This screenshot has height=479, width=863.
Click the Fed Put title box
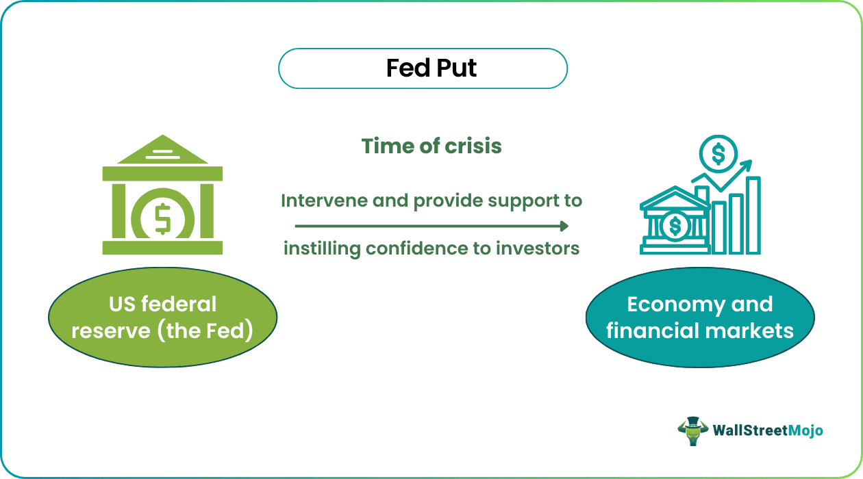pyautogui.click(x=423, y=68)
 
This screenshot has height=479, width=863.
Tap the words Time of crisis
pyautogui.click(x=431, y=146)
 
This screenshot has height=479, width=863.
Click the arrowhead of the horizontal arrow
pyautogui.click(x=564, y=226)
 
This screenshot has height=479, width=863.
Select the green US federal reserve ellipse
pyautogui.click(x=162, y=317)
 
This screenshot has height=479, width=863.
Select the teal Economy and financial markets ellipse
pyautogui.click(x=699, y=317)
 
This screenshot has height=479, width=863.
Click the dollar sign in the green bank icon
pyautogui.click(x=163, y=218)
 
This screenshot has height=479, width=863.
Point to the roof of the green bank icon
pyautogui.click(x=162, y=151)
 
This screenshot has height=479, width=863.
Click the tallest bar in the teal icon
pyautogui.click(x=753, y=215)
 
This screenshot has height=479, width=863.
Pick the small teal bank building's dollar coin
pyautogui.click(x=676, y=224)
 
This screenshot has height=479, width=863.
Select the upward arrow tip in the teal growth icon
pyautogui.click(x=747, y=164)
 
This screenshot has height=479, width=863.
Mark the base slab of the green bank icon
pyautogui.click(x=162, y=248)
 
